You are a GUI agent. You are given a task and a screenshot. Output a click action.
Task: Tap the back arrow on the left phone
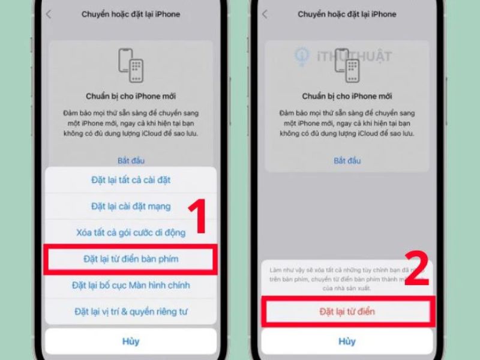coord(49,14)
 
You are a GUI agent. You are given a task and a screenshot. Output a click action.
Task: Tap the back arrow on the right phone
coord(265,14)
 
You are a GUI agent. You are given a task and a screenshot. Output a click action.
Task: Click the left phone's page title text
coord(131,14)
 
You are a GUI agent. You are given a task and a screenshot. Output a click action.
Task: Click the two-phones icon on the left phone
coord(131,65)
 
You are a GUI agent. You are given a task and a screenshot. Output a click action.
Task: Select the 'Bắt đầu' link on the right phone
coord(347,161)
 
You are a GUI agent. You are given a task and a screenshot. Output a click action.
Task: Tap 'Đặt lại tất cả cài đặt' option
coord(131,179)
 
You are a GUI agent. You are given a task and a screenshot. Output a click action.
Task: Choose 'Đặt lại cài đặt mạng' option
coord(131,206)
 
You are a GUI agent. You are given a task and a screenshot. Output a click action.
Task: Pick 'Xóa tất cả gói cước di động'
coord(131,232)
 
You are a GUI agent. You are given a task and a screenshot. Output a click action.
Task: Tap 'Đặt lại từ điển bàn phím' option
coord(131,259)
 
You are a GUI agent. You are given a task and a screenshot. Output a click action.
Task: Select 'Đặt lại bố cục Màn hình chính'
coord(131,285)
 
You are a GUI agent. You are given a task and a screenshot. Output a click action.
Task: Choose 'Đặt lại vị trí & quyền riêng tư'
coord(131,311)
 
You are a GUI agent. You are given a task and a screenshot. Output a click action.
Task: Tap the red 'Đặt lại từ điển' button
coord(347,311)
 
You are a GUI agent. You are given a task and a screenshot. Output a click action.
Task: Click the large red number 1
coord(197,217)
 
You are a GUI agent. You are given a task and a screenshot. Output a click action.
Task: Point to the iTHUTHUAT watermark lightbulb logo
coord(301,56)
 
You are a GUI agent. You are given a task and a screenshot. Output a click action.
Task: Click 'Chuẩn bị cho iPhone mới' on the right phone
coord(347,96)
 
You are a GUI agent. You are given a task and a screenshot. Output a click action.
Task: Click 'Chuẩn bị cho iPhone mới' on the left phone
coord(131,96)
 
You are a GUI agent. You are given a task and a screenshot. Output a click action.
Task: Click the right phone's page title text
coord(347,14)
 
